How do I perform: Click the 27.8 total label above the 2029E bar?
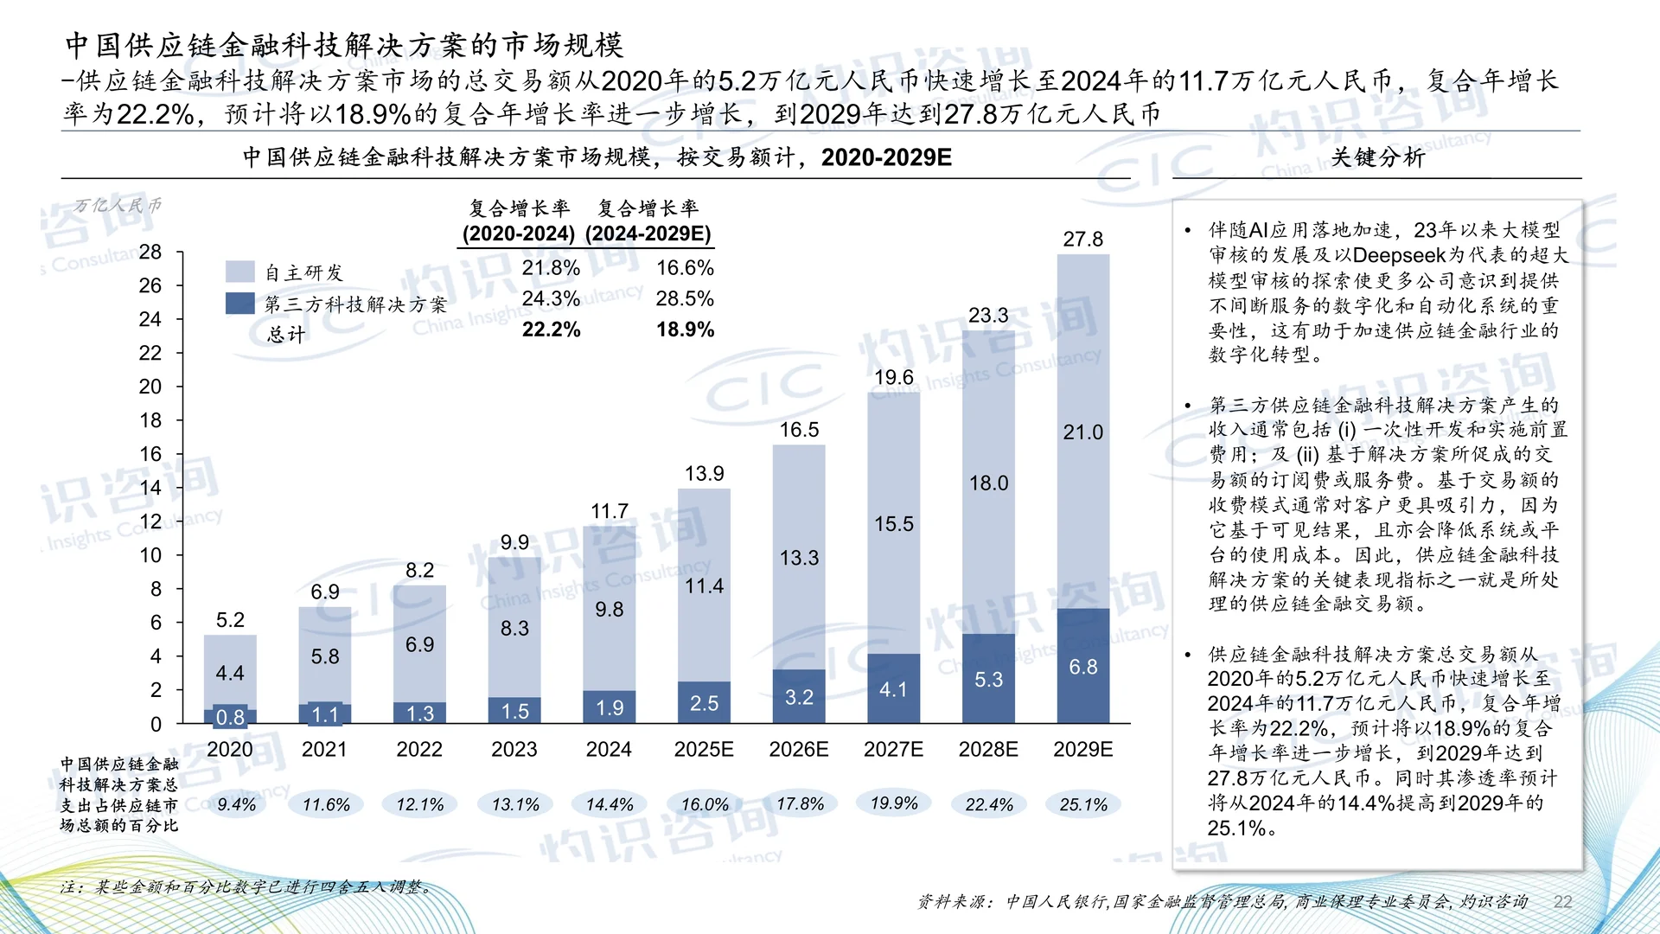coord(1082,239)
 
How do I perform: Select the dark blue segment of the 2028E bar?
coord(988,679)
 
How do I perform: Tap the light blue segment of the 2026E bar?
coord(799,557)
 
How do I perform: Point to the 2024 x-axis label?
coord(609,749)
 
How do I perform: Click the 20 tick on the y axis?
coord(150,387)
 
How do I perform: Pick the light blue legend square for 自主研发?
coord(239,272)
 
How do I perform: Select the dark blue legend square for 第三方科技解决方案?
coord(239,304)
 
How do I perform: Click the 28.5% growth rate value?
coord(685,298)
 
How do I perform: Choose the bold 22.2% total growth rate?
coord(552,329)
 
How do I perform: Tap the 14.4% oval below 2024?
coord(610,804)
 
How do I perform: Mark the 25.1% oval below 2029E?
coord(1083,804)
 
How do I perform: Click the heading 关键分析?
coord(1377,157)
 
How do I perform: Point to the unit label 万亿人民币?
coord(117,206)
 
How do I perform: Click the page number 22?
coord(1562,901)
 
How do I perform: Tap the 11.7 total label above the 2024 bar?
coord(610,511)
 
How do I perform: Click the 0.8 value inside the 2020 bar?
coord(230,717)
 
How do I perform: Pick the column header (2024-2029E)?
coord(648,233)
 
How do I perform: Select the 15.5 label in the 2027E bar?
coord(893,523)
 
